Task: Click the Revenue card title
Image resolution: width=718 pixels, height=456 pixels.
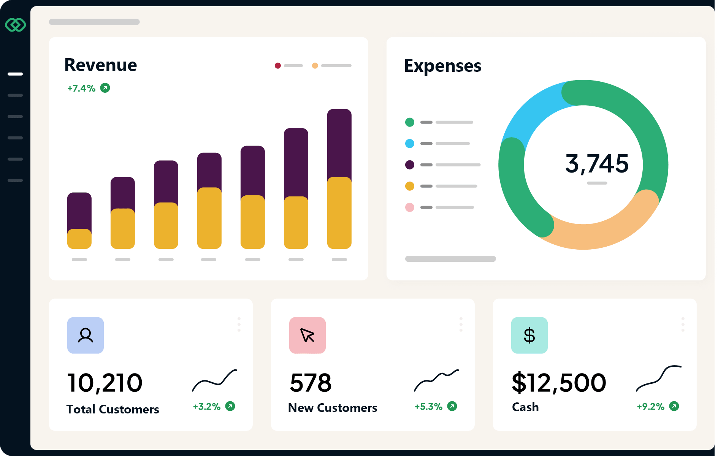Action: [101, 65]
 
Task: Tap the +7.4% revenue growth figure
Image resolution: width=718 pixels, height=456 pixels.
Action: [81, 88]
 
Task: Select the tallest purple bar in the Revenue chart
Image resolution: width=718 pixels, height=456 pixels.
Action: [339, 142]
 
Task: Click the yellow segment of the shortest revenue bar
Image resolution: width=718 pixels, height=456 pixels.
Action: [79, 239]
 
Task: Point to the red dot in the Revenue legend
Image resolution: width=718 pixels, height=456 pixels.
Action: [278, 66]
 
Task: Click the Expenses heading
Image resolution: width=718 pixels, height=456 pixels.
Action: [442, 66]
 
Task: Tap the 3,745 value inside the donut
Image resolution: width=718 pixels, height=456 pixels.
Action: [597, 164]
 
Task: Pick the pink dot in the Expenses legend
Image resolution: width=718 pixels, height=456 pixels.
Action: [409, 207]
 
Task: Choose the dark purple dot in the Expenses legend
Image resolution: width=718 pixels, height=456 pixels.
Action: [409, 165]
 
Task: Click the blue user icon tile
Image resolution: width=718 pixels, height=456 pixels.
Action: [86, 335]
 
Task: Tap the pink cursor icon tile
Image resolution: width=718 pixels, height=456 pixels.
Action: [307, 335]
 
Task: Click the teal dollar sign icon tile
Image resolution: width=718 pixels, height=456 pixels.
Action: [529, 335]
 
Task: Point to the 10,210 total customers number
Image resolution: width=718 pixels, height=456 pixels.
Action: [105, 383]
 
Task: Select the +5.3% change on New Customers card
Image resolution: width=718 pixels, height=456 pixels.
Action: [428, 407]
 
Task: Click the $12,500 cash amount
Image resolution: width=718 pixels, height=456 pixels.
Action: [559, 383]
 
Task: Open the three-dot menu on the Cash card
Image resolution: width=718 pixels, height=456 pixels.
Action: [683, 324]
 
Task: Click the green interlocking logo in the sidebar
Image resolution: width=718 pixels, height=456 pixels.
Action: [15, 25]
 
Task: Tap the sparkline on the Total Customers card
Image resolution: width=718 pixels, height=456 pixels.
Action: [214, 380]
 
